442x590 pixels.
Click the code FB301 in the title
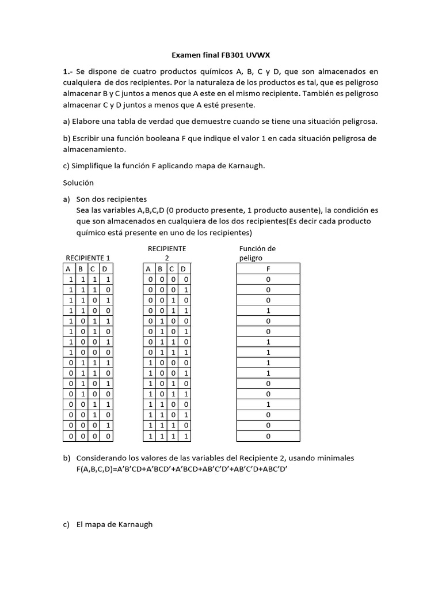pos(233,55)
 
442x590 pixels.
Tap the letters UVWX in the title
pos(258,55)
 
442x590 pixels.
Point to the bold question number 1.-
pos(68,71)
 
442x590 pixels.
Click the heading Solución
pos(78,183)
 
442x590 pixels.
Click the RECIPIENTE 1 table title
pos(88,258)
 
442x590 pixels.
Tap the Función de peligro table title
pos(257,254)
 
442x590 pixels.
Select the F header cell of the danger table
pos(268,268)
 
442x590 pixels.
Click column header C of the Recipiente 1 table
pos(92,268)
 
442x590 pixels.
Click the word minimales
pos(332,458)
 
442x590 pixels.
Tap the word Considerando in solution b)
pos(101,458)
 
